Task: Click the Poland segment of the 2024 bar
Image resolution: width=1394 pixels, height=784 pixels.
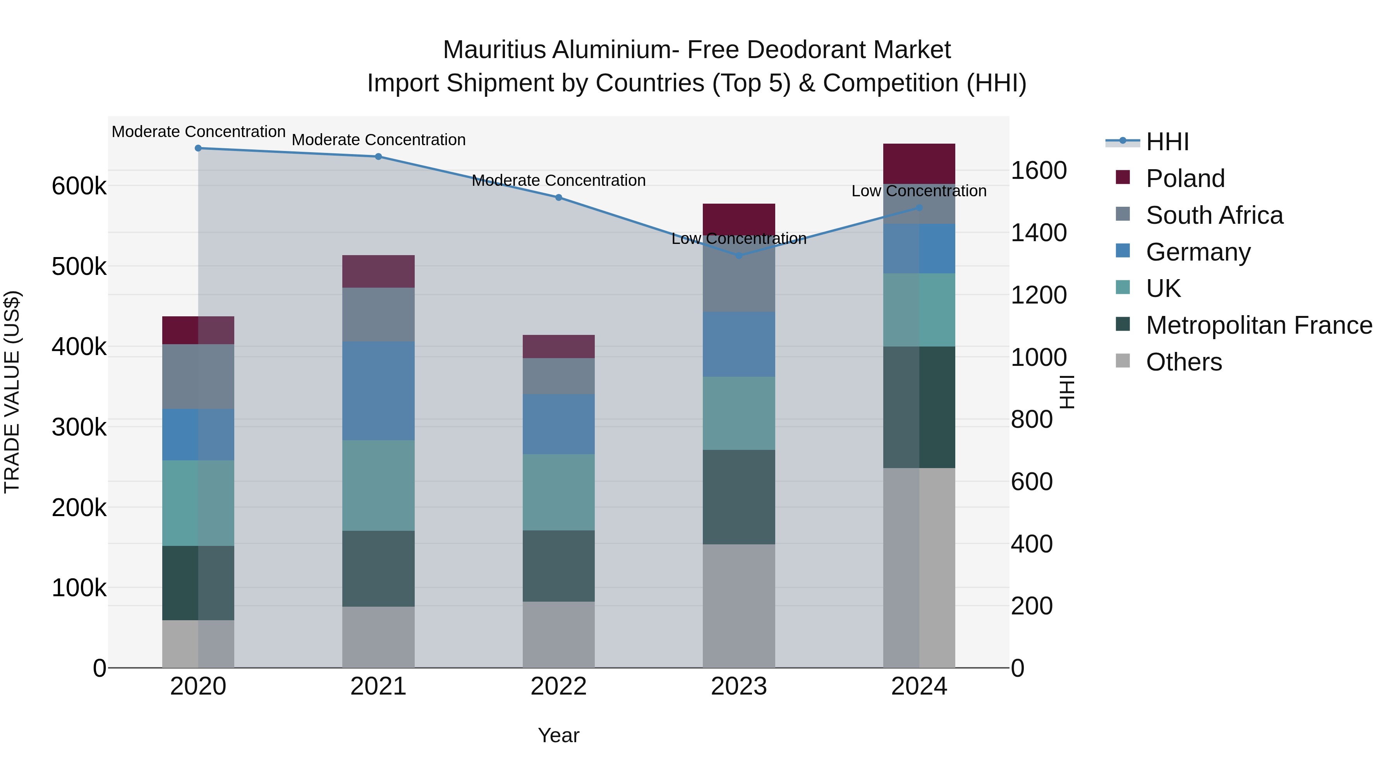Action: (919, 163)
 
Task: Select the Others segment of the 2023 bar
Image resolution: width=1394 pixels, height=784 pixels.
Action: (739, 606)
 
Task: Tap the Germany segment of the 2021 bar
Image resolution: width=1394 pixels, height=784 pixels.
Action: (378, 391)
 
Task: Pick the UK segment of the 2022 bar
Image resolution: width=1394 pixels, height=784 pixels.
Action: (558, 492)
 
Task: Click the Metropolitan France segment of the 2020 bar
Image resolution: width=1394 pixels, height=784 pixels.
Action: (198, 583)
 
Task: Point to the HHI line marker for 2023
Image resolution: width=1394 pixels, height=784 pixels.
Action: (739, 256)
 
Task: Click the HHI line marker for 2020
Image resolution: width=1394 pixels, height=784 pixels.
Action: (198, 148)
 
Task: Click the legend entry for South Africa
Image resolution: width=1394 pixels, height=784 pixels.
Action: (1214, 215)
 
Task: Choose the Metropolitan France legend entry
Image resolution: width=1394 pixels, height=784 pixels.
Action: (1259, 325)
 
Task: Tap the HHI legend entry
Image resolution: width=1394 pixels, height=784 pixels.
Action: (1167, 142)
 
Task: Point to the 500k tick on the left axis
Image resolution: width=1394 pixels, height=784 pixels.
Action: (79, 267)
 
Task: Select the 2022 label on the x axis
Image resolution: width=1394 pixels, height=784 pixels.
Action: (558, 686)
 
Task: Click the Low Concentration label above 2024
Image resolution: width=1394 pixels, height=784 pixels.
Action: (919, 191)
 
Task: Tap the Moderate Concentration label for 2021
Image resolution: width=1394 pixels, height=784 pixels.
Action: (378, 140)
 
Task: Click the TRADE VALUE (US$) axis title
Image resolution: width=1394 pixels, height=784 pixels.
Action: (12, 392)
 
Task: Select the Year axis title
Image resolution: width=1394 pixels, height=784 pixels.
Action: (558, 735)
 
